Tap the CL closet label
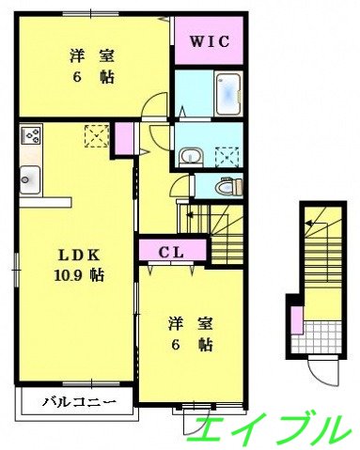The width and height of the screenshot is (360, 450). pos(170,251)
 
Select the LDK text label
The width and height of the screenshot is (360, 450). pos(78,256)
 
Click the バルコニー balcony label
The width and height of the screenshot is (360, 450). pos(79,403)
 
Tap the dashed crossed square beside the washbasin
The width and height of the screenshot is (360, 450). pos(227,155)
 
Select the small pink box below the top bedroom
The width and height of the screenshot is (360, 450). pos(123,139)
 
